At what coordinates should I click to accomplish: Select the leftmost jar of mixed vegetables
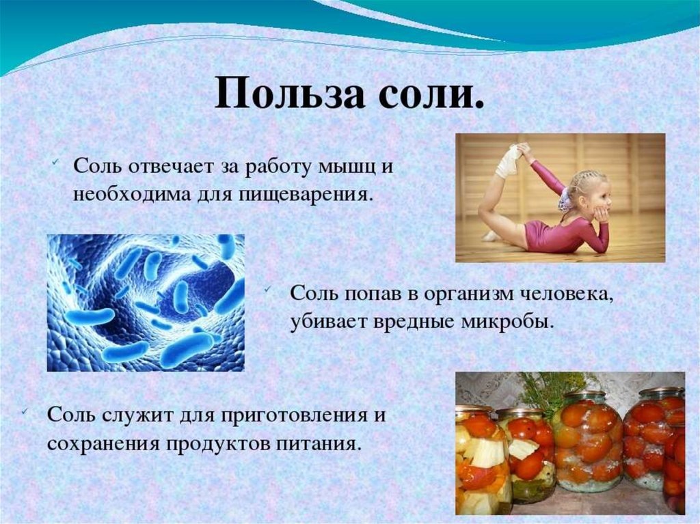pyautogui.click(x=483, y=458)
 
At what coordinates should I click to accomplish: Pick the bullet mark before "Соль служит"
pyautogui.click(x=25, y=411)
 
